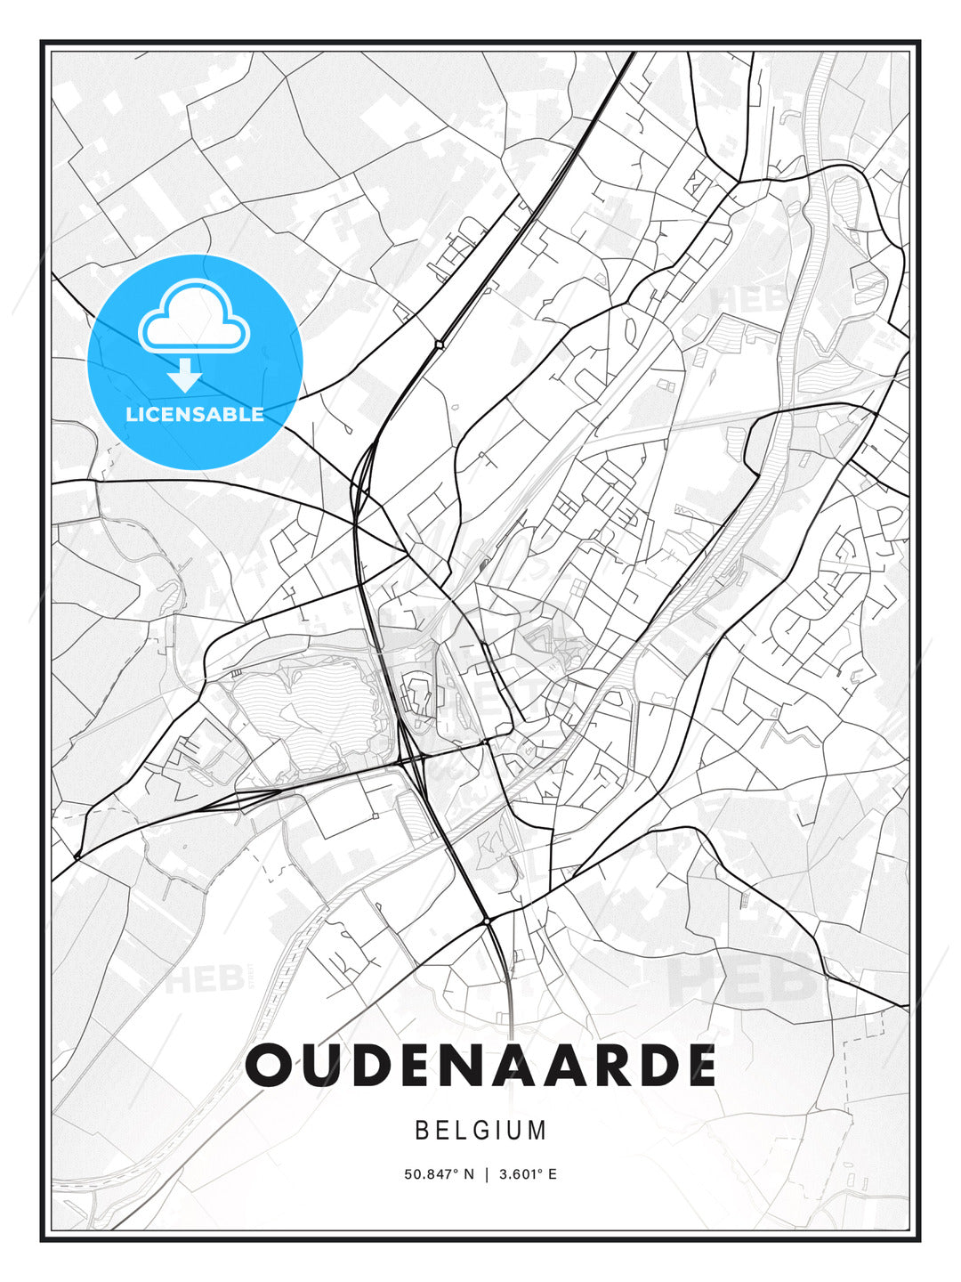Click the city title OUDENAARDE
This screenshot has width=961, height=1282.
[x=480, y=1065]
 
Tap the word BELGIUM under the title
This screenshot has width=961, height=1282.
[x=480, y=1131]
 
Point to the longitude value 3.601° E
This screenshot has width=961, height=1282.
[x=528, y=1174]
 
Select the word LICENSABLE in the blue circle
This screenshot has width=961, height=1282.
[x=195, y=414]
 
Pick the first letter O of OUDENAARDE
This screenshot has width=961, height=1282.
[x=271, y=1065]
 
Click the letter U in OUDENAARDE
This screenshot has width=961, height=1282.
[x=324, y=1065]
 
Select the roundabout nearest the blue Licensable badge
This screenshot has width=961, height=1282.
[x=439, y=344]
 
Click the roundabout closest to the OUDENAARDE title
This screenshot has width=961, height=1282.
[x=488, y=920]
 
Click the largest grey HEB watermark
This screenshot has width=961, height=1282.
[x=743, y=978]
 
